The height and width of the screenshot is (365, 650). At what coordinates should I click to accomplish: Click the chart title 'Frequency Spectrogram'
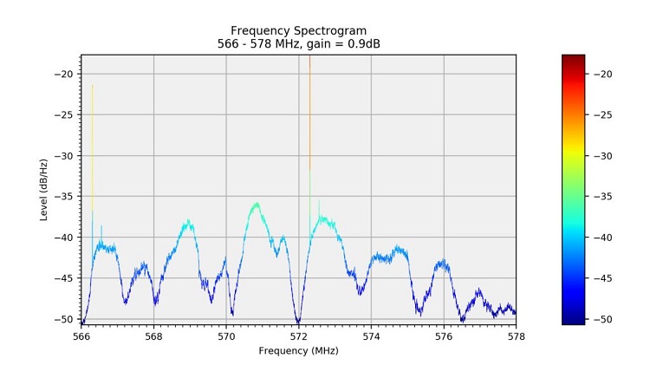pyautogui.click(x=298, y=30)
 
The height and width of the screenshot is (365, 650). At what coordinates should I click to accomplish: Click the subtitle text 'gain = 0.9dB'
pyautogui.click(x=346, y=43)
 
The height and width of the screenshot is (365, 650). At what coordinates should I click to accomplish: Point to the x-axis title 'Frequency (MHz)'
pyautogui.click(x=298, y=350)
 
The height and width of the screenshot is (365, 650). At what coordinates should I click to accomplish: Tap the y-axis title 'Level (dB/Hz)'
pyautogui.click(x=43, y=189)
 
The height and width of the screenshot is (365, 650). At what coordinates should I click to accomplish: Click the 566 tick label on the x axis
pyautogui.click(x=81, y=336)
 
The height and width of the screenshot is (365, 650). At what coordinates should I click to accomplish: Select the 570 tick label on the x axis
pyautogui.click(x=226, y=336)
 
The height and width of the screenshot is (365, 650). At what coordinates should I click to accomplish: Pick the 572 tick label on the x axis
pyautogui.click(x=299, y=336)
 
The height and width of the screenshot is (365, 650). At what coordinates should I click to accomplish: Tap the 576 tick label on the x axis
pyautogui.click(x=444, y=336)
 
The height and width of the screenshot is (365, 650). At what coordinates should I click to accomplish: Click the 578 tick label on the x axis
pyautogui.click(x=516, y=336)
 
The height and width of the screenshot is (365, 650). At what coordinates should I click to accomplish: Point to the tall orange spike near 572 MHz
pyautogui.click(x=309, y=104)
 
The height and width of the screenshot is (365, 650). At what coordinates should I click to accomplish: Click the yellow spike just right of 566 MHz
pyautogui.click(x=93, y=130)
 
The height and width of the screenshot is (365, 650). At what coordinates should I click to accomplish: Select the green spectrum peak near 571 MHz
pyautogui.click(x=257, y=205)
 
